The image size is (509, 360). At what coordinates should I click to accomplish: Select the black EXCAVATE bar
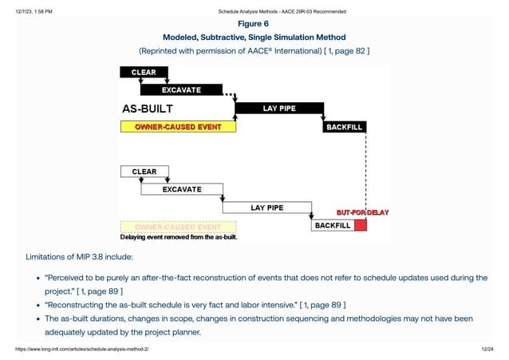181,89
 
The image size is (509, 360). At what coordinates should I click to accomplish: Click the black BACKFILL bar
345,127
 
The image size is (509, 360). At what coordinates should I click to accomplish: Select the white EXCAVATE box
181,190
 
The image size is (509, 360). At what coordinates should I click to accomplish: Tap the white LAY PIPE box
266,208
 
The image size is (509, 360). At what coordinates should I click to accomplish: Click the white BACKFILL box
332,226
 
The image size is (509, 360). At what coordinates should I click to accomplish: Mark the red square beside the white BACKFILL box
361,226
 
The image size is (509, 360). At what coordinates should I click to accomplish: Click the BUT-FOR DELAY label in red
363,212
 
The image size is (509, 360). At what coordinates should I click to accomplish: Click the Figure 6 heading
254,24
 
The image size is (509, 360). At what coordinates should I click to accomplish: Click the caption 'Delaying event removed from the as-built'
179,237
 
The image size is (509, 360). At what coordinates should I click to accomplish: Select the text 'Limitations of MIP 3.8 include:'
79,257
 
